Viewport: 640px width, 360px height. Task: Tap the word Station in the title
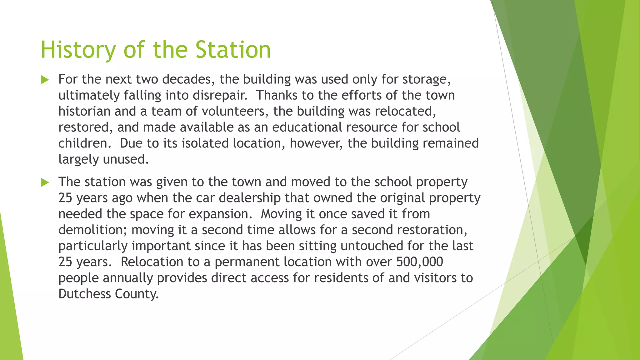233,50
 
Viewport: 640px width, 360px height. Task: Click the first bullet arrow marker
45,80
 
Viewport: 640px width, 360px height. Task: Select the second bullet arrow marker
45,182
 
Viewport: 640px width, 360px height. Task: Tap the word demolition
93,230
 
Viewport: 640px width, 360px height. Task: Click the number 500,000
420,262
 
